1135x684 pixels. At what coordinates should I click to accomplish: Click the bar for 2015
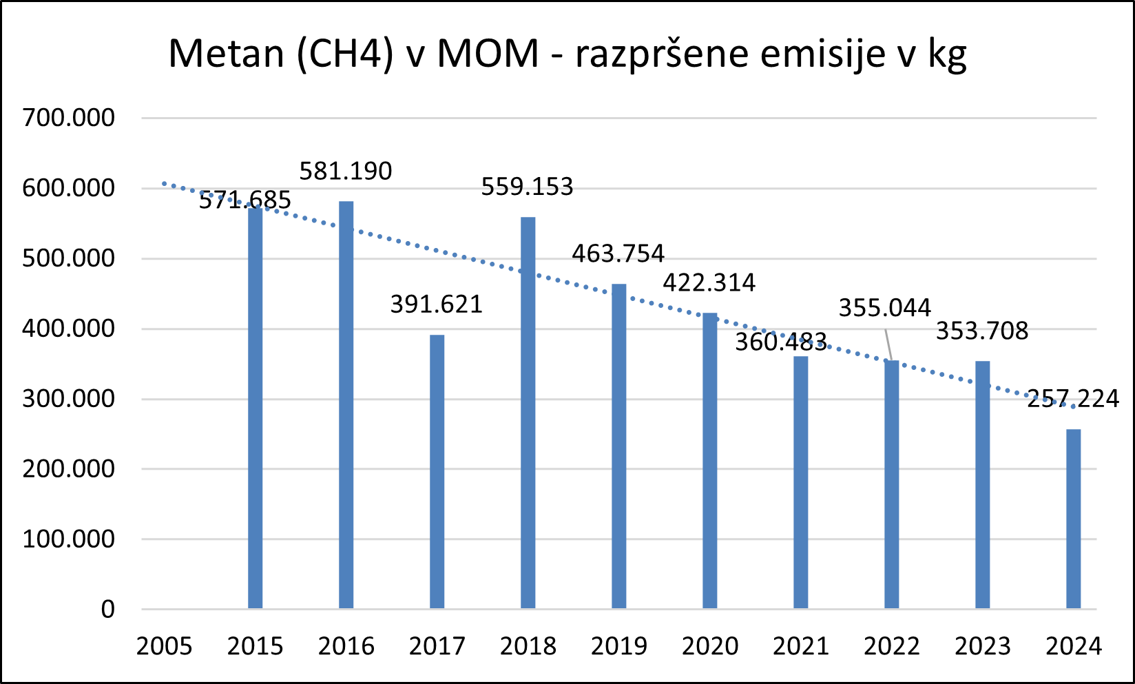[x=255, y=408]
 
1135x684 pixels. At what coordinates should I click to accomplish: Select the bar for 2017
[x=437, y=472]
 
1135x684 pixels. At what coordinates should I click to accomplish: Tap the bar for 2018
[x=528, y=413]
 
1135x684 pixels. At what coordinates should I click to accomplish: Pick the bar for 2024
[x=1073, y=519]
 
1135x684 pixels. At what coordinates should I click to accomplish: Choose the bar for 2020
[x=709, y=461]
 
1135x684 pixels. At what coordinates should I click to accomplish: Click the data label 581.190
[x=346, y=171]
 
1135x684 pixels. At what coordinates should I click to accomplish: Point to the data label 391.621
[x=437, y=304]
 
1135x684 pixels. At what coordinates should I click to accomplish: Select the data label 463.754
[x=618, y=253]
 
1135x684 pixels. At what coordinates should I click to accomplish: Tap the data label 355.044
[x=885, y=307]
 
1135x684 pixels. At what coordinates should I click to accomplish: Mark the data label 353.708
[x=982, y=331]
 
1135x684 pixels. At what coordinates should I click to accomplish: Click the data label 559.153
[x=528, y=187]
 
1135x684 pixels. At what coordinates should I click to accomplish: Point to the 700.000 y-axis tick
[x=68, y=118]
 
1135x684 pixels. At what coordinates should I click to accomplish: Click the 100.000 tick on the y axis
[x=68, y=539]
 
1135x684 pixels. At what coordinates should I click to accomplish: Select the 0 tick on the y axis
[x=107, y=610]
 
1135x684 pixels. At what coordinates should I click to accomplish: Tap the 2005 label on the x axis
[x=164, y=647]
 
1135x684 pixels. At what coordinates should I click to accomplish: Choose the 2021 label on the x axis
[x=800, y=647]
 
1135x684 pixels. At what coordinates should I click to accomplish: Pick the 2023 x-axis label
[x=982, y=647]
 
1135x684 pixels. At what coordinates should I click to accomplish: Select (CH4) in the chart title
[x=345, y=54]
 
